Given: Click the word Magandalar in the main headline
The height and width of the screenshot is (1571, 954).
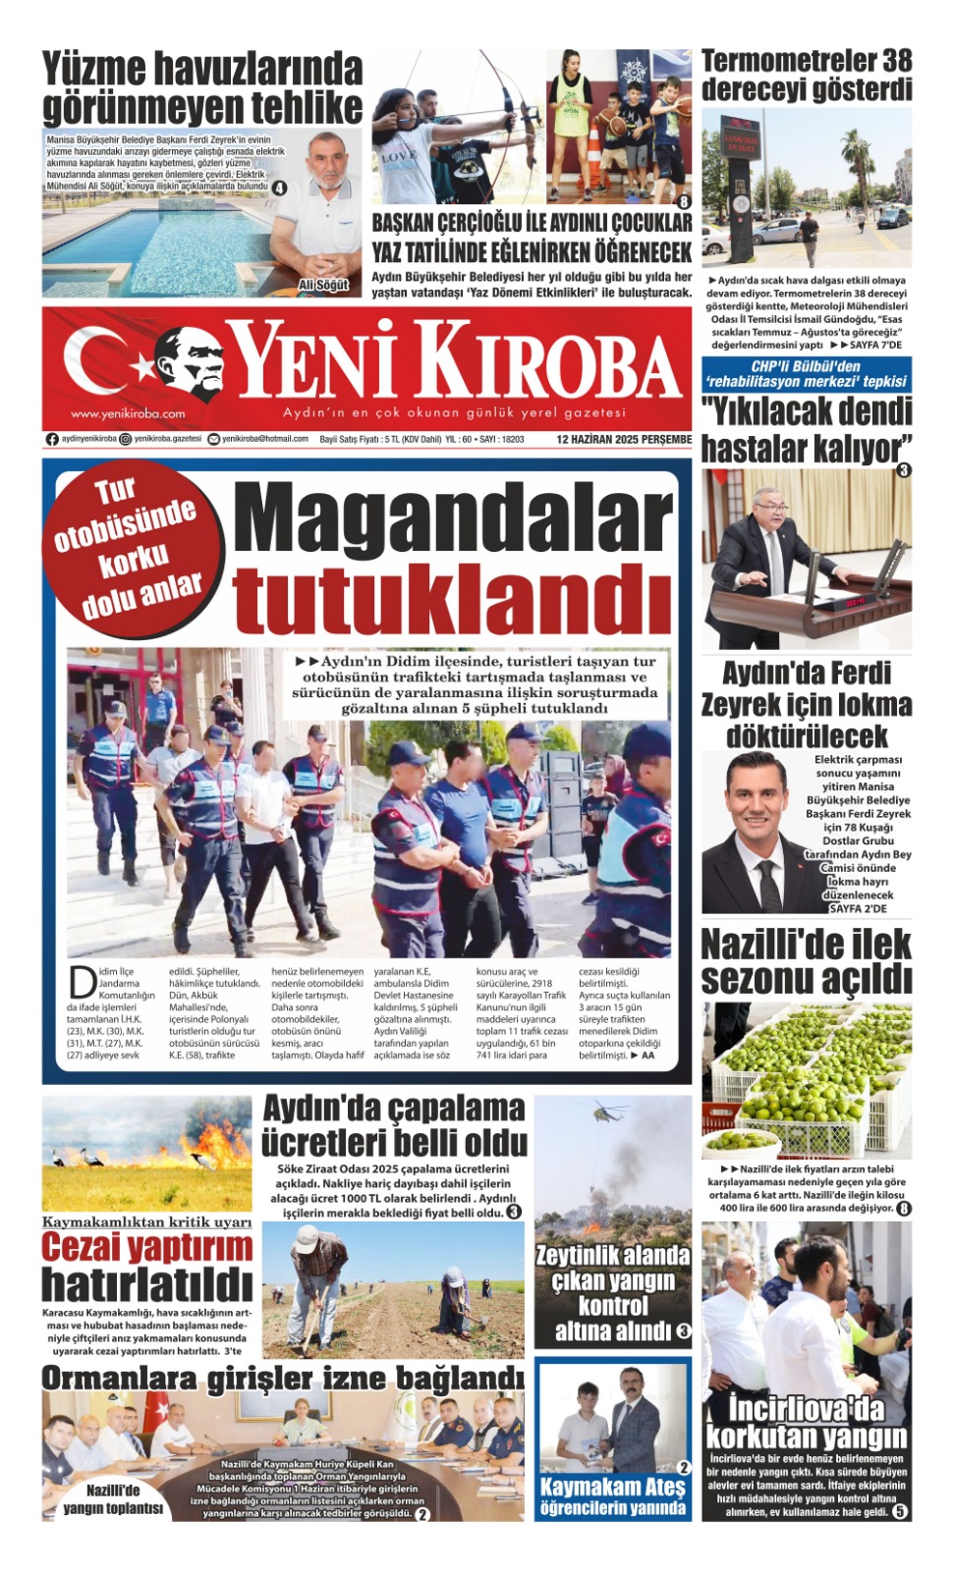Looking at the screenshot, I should tap(452, 520).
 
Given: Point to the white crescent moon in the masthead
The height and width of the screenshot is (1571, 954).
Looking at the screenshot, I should tap(98, 361).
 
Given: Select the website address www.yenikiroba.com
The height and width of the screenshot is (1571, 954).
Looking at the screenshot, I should tap(128, 413).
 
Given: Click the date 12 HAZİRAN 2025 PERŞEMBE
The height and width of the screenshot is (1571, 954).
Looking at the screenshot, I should tap(624, 440).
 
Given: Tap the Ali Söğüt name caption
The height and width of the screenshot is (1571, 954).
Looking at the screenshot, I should tap(323, 285).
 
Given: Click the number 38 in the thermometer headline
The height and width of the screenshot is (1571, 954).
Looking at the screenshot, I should tap(895, 61).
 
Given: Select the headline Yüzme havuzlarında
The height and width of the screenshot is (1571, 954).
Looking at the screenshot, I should tap(202, 69).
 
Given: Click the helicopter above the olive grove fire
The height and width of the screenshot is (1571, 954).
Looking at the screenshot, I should tap(610, 1113).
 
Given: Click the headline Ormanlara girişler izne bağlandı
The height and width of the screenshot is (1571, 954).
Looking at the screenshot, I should tap(283, 1379).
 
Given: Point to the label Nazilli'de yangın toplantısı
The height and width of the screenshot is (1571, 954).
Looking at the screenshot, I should tap(113, 1498).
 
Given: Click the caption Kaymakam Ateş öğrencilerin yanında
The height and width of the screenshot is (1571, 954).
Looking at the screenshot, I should tap(612, 1496).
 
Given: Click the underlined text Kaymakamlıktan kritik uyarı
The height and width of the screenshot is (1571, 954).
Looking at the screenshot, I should tap(147, 1222).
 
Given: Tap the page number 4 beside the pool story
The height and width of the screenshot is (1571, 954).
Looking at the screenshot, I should tap(279, 188).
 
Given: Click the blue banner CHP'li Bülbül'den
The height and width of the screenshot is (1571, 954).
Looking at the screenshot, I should tap(806, 373).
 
